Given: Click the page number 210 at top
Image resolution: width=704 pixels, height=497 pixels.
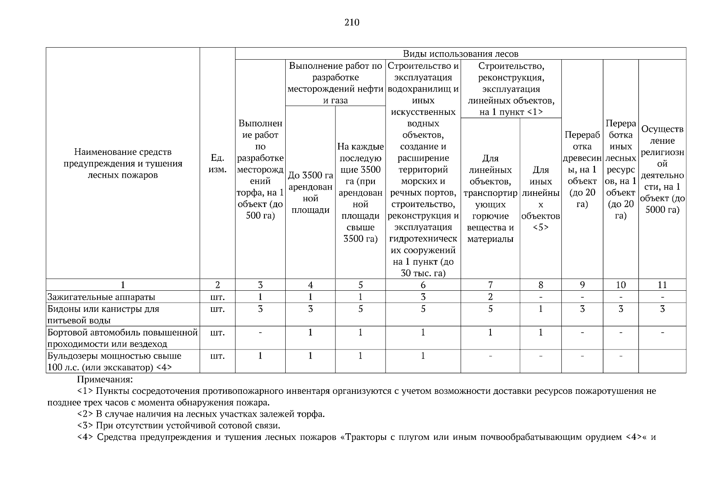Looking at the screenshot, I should pyautogui.click(x=352, y=22).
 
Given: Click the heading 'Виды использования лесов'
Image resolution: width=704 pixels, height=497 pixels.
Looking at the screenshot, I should pyautogui.click(x=460, y=54).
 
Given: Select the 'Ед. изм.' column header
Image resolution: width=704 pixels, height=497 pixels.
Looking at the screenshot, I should pyautogui.click(x=217, y=164).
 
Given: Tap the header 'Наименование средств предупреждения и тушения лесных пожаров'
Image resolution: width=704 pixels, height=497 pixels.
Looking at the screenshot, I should pyautogui.click(x=123, y=164).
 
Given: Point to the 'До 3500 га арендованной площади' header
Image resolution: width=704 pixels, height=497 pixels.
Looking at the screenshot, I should pyautogui.click(x=310, y=193).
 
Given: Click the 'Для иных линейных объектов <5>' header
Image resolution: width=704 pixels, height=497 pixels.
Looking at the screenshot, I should pyautogui.click(x=541, y=199).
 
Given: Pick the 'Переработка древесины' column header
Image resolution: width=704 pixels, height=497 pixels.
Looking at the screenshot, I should pyautogui.click(x=582, y=170).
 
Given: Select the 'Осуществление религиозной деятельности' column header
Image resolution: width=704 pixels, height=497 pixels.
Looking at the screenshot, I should pyautogui.click(x=662, y=170).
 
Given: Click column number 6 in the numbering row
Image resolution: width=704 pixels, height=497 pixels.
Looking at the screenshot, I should pyautogui.click(x=423, y=285).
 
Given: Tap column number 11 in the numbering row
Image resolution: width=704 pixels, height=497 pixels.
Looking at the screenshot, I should pyautogui.click(x=662, y=285).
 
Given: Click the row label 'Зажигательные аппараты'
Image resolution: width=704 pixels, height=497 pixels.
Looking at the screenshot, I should pyautogui.click(x=101, y=297).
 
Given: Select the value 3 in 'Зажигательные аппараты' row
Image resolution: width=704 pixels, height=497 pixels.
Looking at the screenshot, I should pyautogui.click(x=423, y=297).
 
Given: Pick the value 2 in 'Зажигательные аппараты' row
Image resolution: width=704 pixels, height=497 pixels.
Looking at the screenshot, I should pyautogui.click(x=490, y=297).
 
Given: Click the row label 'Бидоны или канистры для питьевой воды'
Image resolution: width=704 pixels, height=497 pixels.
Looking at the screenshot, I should pyautogui.click(x=103, y=314).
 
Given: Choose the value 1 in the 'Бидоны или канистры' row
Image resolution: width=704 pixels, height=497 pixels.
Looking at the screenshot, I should pyautogui.click(x=541, y=309).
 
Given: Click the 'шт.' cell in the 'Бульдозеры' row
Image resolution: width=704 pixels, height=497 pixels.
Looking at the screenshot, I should pyautogui.click(x=217, y=356).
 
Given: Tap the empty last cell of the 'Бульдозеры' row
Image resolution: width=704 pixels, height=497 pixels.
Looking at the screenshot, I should pyautogui.click(x=662, y=361).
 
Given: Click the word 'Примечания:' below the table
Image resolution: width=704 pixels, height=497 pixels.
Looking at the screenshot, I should pyautogui.click(x=105, y=379).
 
